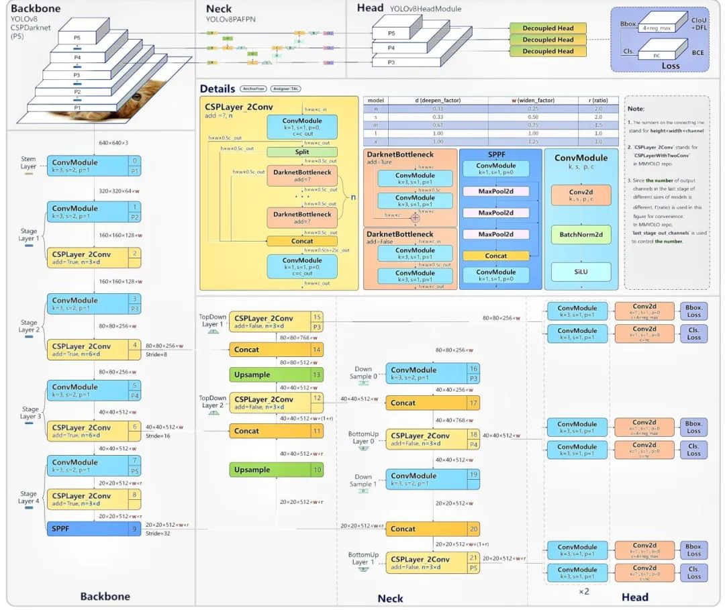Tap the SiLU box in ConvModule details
pyautogui.click(x=581, y=272)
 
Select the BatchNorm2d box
pyautogui.click(x=581, y=234)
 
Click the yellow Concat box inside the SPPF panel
pyautogui.click(x=496, y=256)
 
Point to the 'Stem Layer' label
pyautogui.click(x=28, y=162)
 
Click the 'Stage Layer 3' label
pyautogui.click(x=30, y=413)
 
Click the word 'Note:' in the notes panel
pyautogui.click(x=636, y=109)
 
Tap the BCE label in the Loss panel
pyautogui.click(x=698, y=52)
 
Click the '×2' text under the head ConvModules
pyautogui.click(x=585, y=591)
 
